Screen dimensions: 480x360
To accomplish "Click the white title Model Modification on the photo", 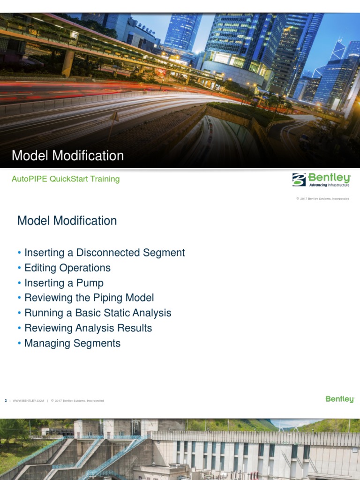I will pyautogui.click(x=67, y=156).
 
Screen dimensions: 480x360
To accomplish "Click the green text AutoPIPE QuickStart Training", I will pyautogui.click(x=66, y=179).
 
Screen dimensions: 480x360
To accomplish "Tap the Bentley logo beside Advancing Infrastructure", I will pyautogui.click(x=322, y=180).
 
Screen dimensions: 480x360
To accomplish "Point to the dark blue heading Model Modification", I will pyautogui.click(x=67, y=220).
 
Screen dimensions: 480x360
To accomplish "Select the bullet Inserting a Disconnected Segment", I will pyautogui.click(x=105, y=253).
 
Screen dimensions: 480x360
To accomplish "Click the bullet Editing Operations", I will pyautogui.click(x=67, y=268).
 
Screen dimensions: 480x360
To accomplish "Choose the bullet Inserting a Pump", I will pyautogui.click(x=64, y=283).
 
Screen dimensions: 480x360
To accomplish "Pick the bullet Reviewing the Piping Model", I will pyautogui.click(x=89, y=298).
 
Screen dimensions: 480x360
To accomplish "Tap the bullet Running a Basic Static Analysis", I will pyautogui.click(x=97, y=313).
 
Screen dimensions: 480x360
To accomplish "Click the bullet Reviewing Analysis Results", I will pyautogui.click(x=88, y=328).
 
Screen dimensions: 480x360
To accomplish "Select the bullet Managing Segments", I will pyautogui.click(x=72, y=343).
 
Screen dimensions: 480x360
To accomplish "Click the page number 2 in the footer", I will pyautogui.click(x=6, y=401).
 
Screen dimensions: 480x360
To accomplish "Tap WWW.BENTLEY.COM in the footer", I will pyautogui.click(x=28, y=401).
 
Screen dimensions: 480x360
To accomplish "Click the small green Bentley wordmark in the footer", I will pyautogui.click(x=340, y=399).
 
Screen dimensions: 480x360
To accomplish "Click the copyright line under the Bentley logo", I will pyautogui.click(x=322, y=199).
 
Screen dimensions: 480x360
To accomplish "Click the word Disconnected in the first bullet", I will pyautogui.click(x=105, y=253).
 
